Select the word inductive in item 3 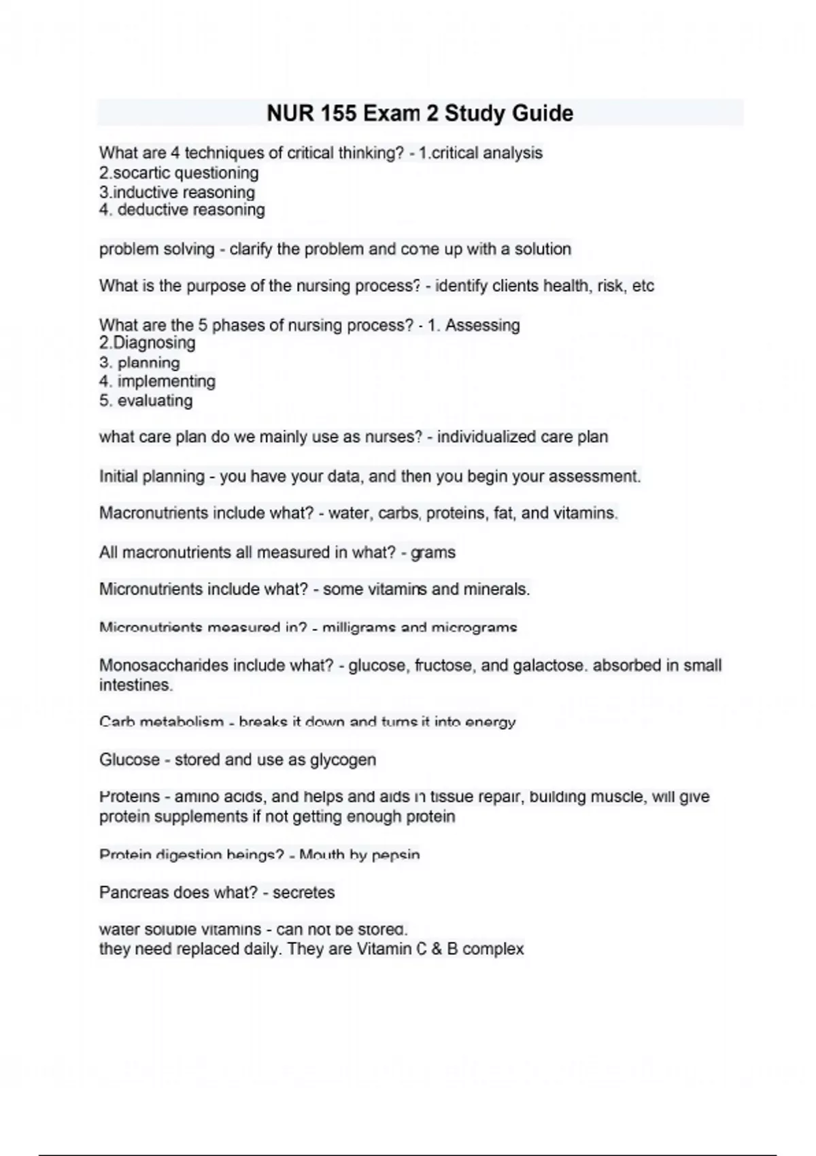click(146, 192)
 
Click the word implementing click(167, 381)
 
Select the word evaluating click(155, 401)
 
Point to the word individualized click(486, 437)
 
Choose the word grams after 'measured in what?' click(433, 553)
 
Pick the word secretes click(303, 893)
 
